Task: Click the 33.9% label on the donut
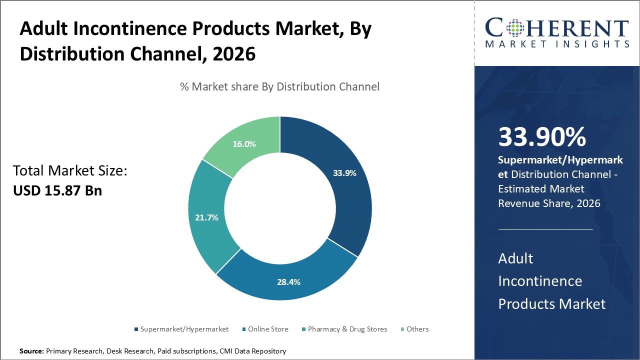pos(344,173)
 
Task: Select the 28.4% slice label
pos(288,282)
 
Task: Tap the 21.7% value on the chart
pos(206,218)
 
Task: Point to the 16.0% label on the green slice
pos(244,144)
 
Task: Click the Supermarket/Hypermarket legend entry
pos(184,329)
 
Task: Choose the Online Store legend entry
pos(268,329)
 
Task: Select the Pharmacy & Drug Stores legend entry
pos(347,329)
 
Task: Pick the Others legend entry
pos(417,329)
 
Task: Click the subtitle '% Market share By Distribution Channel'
pos(279,86)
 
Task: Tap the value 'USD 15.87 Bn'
pos(57,190)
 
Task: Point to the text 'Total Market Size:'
pos(70,171)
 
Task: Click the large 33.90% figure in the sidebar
pos(542,137)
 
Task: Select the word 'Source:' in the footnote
pos(31,351)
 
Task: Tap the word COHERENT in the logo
pos(557,28)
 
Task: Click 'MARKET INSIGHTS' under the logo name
pos(557,44)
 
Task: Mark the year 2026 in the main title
pos(234,54)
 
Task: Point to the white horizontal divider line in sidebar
pos(545,229)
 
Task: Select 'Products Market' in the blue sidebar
pos(551,303)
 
